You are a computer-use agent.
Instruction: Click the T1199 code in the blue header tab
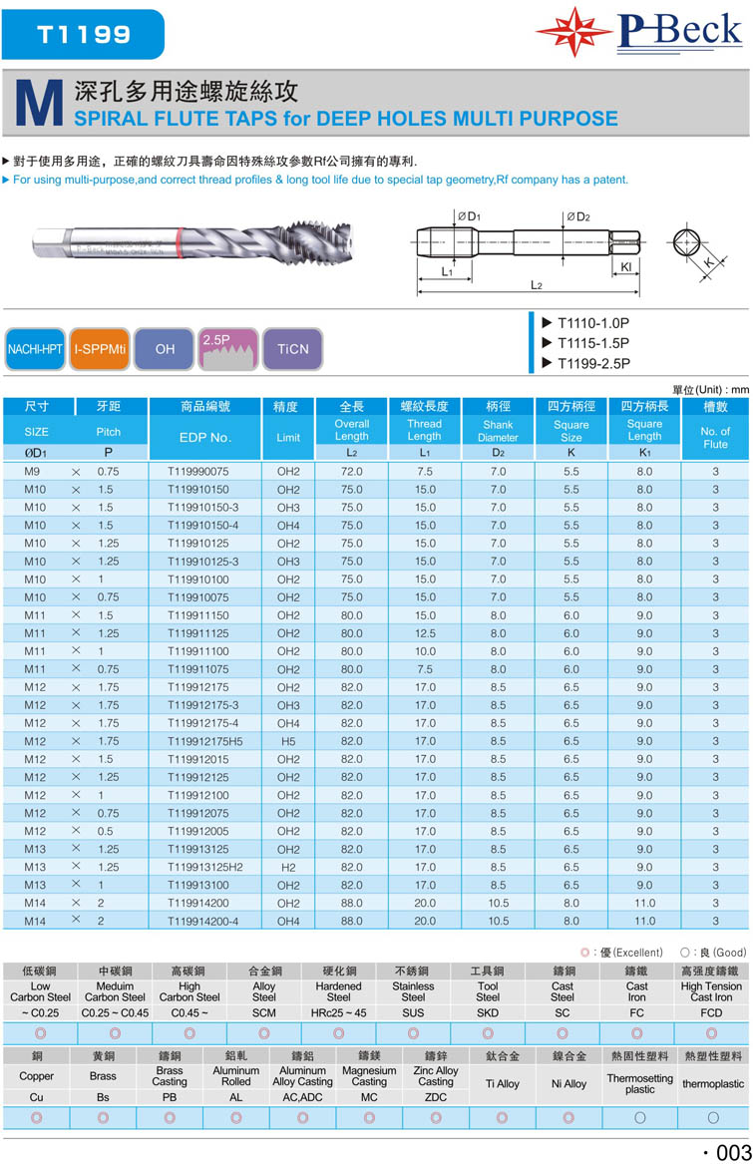(84, 33)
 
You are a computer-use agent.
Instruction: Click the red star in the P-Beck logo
(574, 32)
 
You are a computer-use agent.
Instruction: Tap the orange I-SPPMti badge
(99, 349)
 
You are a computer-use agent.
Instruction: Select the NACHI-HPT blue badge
(36, 349)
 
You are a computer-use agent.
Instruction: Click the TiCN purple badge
(293, 349)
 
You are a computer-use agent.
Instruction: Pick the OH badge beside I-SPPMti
(165, 349)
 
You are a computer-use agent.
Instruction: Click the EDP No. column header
(205, 437)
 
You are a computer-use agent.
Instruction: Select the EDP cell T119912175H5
(205, 741)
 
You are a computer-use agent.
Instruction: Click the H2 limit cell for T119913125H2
(288, 867)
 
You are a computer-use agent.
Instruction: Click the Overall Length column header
(351, 430)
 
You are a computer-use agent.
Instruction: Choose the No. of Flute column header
(715, 437)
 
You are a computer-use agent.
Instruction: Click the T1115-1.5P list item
(592, 343)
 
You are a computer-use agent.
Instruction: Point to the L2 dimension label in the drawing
(536, 285)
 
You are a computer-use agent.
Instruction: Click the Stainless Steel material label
(413, 991)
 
